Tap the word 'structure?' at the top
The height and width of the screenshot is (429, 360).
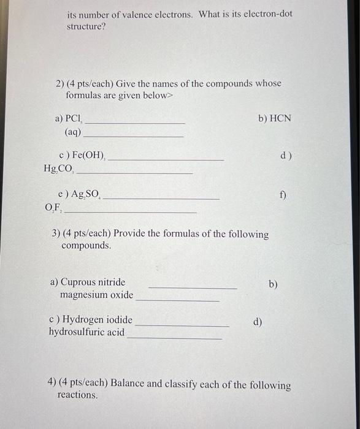coord(86,27)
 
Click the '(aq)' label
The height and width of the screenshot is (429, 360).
coord(72,132)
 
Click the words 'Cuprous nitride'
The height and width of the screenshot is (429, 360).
coord(92,282)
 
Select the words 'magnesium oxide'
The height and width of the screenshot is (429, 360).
coord(96,295)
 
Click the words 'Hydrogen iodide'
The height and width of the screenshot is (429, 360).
coord(97,319)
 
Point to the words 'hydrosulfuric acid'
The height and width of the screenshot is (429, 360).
coord(86,332)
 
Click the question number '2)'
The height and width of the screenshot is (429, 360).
coord(60,83)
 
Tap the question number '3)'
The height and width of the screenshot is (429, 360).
coord(56,234)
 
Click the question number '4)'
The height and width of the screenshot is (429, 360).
coord(52,384)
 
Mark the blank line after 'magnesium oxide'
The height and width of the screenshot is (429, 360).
coord(177,300)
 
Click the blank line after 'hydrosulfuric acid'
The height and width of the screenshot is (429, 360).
coord(174,338)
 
